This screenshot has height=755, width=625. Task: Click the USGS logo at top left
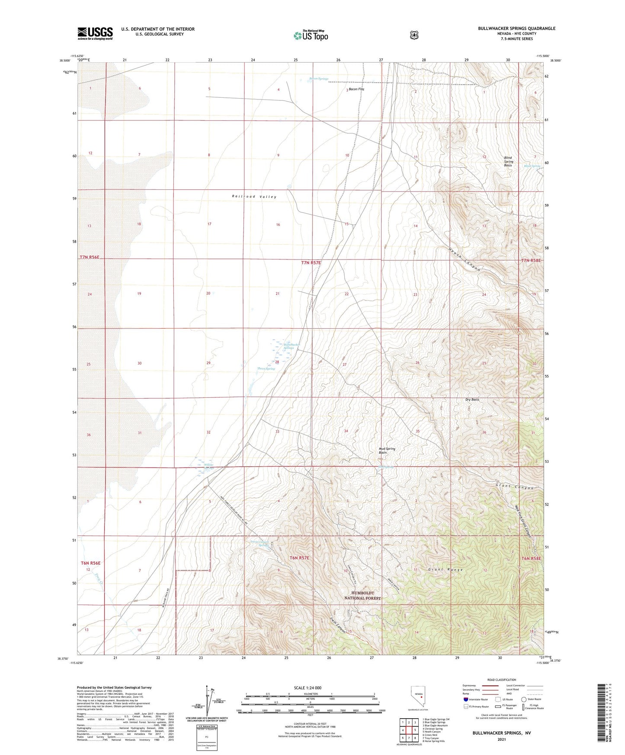[x=95, y=33]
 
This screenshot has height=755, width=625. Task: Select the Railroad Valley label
[x=254, y=197]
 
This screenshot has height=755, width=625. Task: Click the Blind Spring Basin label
[x=508, y=161]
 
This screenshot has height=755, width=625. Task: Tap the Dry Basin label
[x=472, y=400]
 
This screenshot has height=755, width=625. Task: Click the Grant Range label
[x=446, y=570]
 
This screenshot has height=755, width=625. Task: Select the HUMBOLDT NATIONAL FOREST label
[x=362, y=595]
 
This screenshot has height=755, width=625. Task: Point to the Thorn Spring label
[x=266, y=369]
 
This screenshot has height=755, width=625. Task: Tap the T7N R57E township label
[x=311, y=262]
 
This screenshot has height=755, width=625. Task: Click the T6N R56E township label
[x=90, y=563]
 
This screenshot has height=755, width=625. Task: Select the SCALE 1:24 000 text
[x=308, y=688]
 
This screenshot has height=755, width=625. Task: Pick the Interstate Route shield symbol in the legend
[x=465, y=699]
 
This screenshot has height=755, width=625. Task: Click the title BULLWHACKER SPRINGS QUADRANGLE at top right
[x=516, y=29]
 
